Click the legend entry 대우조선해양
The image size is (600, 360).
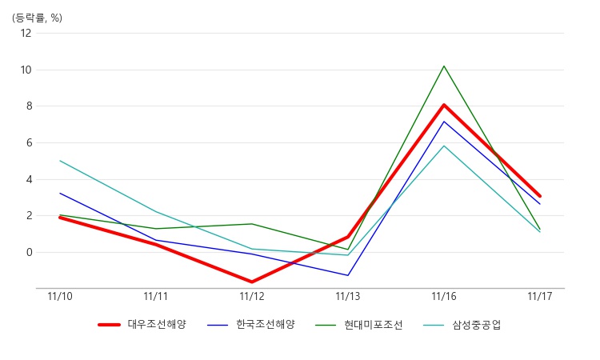(142, 325)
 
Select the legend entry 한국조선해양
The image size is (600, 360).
(251, 325)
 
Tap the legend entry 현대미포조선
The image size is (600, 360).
(359, 325)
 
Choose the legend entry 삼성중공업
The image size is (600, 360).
(462, 325)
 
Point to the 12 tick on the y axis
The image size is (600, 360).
(26, 33)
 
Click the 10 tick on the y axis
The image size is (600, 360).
(26, 70)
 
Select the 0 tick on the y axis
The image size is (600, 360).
(29, 253)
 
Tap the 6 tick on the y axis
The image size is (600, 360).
(29, 142)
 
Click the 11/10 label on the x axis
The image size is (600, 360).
(60, 297)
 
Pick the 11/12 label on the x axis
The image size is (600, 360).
(252, 297)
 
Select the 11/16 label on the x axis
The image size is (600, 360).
(444, 297)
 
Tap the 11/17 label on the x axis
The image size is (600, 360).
(540, 297)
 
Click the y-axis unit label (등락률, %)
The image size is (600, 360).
(37, 18)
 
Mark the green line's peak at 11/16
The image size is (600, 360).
(444, 66)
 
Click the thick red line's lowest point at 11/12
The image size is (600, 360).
(252, 282)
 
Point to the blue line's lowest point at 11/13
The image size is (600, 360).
(348, 275)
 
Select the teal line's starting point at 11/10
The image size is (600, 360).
(60, 161)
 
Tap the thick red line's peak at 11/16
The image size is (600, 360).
(444, 105)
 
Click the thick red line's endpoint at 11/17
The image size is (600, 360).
(540, 196)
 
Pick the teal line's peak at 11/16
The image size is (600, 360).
(444, 146)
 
